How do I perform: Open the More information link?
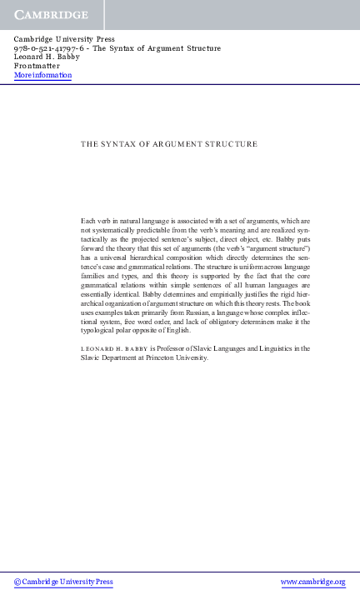(42, 76)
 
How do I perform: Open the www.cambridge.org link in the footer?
(313, 582)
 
